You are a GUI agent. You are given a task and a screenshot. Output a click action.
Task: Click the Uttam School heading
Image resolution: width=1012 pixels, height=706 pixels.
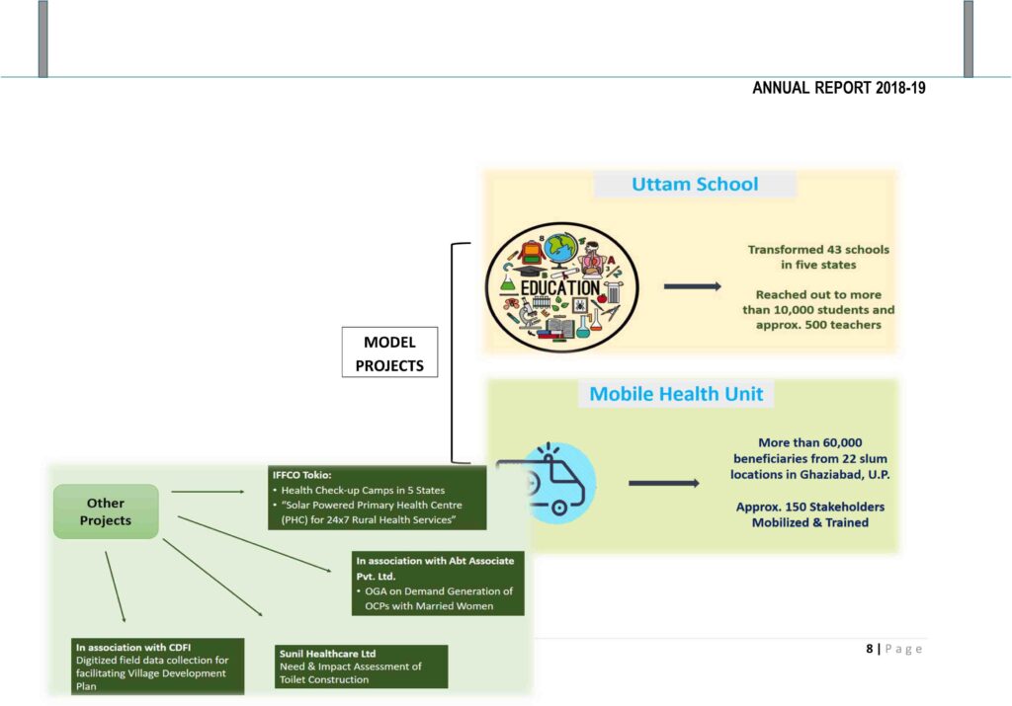(695, 185)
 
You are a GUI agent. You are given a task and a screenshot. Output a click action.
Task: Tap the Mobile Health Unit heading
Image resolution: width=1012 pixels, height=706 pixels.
(676, 394)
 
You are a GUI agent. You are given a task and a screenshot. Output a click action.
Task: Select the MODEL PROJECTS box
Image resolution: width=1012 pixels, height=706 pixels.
(389, 353)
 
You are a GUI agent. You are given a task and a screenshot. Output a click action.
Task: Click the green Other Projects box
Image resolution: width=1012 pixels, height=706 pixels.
(106, 511)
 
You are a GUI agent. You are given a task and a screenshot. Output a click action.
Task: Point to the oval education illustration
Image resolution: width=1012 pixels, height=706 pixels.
(561, 287)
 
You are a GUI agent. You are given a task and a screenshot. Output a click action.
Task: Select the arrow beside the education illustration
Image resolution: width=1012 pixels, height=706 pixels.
(691, 286)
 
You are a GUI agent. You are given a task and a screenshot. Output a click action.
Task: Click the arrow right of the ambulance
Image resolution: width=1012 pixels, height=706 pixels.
(671, 483)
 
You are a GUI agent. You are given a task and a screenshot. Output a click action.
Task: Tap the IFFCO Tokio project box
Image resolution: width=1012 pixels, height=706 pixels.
(379, 498)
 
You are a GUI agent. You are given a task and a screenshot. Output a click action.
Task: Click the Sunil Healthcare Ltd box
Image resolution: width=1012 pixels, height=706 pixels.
(362, 667)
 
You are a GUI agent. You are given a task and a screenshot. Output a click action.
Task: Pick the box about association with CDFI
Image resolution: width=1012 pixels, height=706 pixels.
(157, 666)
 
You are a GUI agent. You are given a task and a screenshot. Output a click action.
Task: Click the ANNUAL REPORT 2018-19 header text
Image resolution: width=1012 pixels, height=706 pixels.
(838, 88)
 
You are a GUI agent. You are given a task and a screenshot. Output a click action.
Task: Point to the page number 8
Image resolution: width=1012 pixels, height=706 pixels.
(870, 649)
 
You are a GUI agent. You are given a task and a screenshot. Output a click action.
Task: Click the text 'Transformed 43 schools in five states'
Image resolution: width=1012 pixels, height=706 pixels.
(818, 257)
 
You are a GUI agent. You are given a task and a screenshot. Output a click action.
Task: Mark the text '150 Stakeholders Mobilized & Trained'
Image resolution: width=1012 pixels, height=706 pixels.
(809, 514)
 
